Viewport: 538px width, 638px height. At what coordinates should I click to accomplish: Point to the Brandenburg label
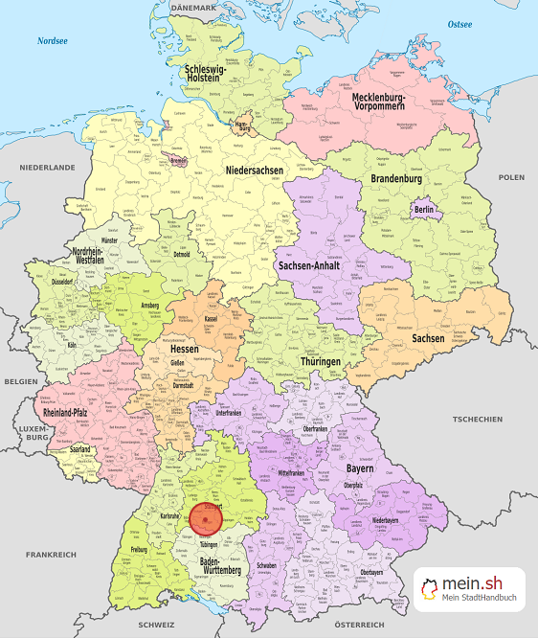(x=396, y=179)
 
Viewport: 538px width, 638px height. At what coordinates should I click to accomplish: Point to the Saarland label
(x=80, y=448)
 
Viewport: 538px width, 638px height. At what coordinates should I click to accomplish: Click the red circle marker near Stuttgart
(x=206, y=518)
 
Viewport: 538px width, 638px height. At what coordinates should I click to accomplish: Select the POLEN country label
(x=511, y=177)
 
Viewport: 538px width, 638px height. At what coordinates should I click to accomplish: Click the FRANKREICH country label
(x=52, y=555)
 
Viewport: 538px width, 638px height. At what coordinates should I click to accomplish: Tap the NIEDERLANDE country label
(x=47, y=167)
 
